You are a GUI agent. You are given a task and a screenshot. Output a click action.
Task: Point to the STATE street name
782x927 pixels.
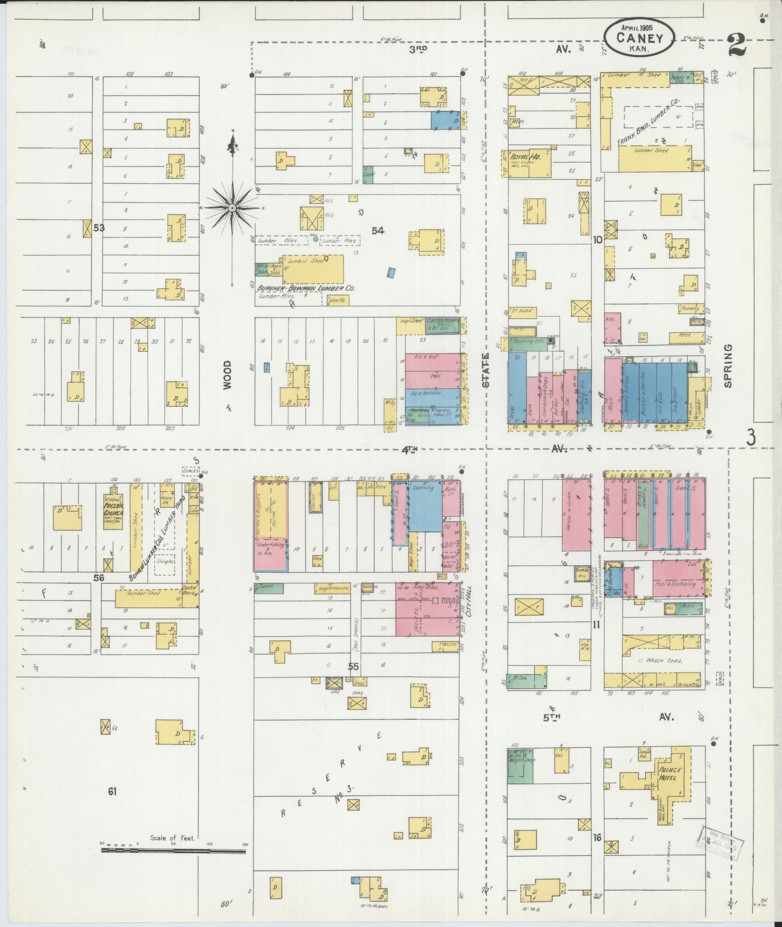(x=486, y=369)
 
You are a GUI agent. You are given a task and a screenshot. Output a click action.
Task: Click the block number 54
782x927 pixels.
(x=378, y=231)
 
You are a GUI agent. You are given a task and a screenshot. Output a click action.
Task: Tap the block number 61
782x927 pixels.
(x=112, y=792)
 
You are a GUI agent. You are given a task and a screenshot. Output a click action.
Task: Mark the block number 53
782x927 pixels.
(x=99, y=227)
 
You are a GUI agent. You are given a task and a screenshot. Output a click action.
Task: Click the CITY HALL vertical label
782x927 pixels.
(x=469, y=606)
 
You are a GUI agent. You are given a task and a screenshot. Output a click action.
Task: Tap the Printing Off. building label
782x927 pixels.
(x=528, y=341)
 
